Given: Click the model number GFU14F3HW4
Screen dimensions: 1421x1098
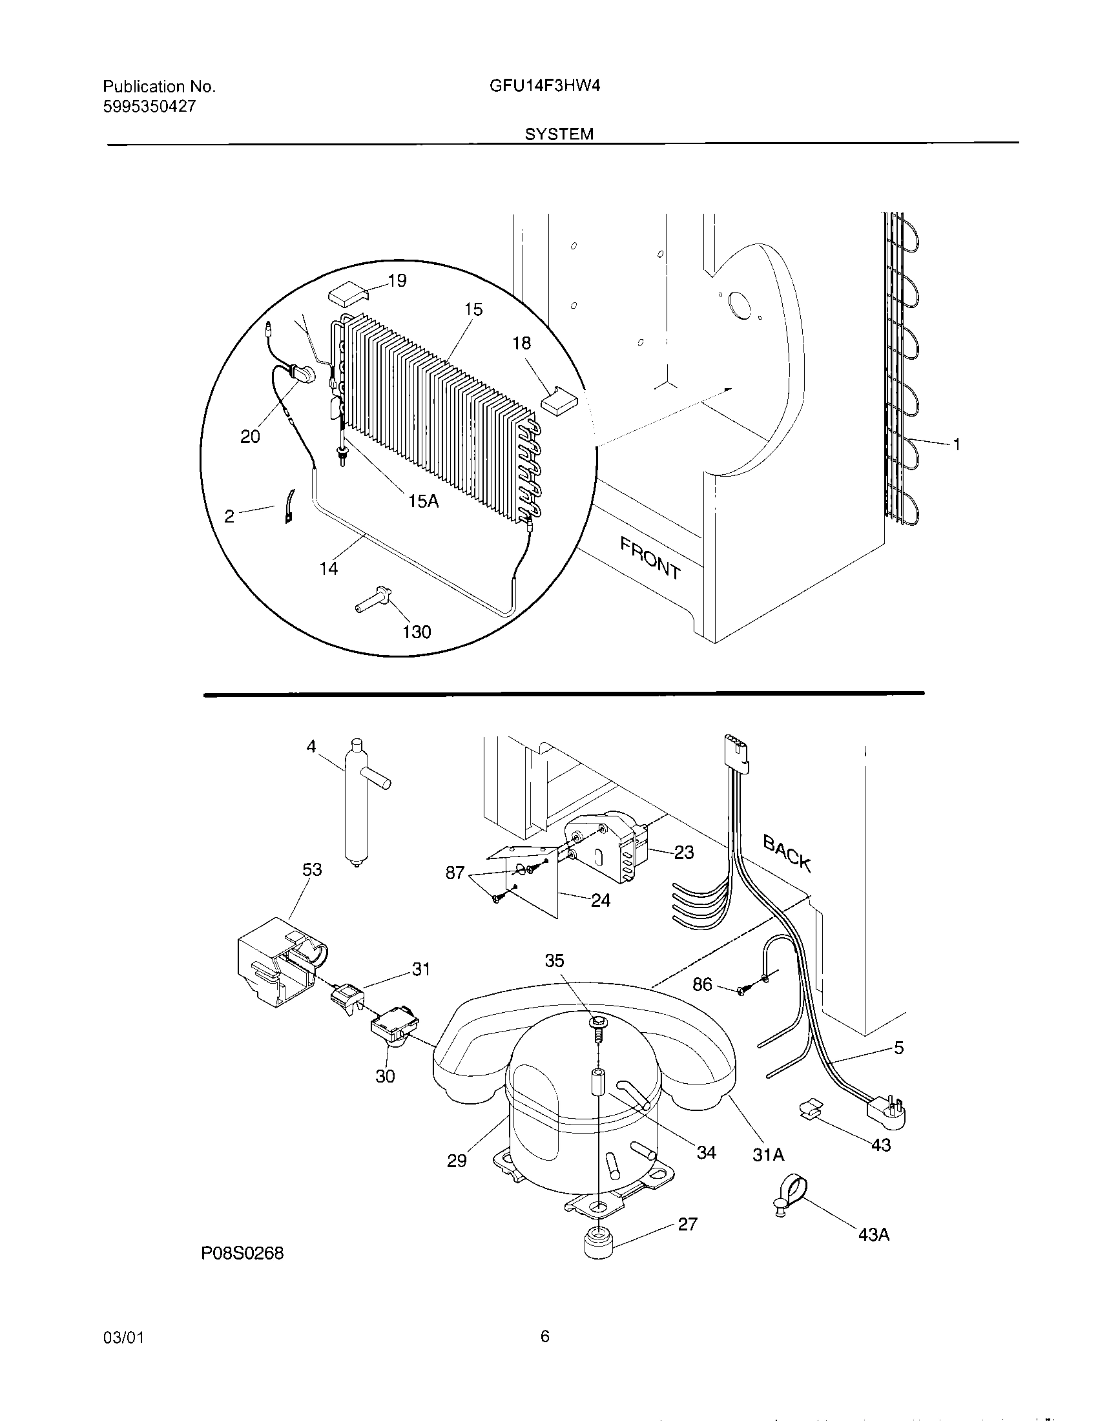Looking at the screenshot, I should click(x=544, y=86).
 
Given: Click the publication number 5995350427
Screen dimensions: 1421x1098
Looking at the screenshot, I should click(x=149, y=107).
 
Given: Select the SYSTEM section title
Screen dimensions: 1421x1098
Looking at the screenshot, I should click(x=559, y=134).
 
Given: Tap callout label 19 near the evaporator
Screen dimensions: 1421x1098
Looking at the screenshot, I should click(x=397, y=280).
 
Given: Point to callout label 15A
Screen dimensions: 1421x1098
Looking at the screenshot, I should click(x=424, y=501).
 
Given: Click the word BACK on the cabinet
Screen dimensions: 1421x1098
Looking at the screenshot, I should click(x=787, y=854).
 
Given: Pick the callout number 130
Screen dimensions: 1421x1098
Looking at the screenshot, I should click(x=417, y=631).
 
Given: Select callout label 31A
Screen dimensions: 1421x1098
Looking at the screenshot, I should click(x=768, y=1154).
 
